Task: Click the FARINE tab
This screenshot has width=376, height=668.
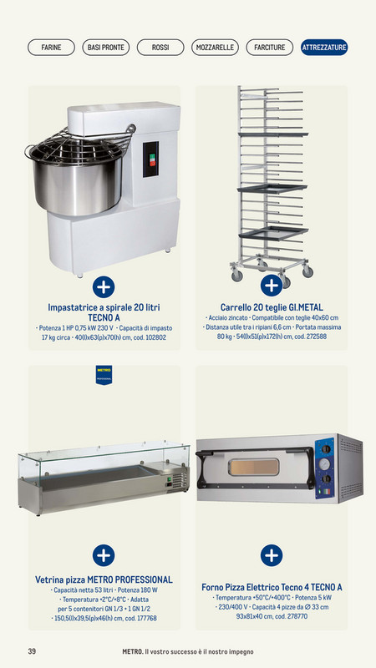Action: (x=51, y=48)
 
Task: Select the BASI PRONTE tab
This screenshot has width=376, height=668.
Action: (x=105, y=48)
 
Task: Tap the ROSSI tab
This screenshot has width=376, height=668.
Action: (x=160, y=48)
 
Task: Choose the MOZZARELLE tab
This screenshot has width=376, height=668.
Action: (x=215, y=48)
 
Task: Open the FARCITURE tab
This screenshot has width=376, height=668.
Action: (x=269, y=48)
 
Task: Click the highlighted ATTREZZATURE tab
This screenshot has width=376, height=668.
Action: (x=324, y=48)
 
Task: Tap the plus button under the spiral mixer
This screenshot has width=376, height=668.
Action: (x=104, y=286)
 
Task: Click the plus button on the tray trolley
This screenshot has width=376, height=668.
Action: (x=271, y=286)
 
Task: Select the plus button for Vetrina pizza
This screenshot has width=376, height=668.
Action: (x=104, y=554)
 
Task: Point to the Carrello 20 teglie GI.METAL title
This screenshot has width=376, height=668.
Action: (x=272, y=307)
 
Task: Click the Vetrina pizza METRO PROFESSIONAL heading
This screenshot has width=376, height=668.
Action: (x=104, y=579)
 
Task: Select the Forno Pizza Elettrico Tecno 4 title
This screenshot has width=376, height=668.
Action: (x=272, y=587)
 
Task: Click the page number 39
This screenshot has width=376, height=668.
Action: (x=32, y=651)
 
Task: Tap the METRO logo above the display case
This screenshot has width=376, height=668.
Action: (x=104, y=373)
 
